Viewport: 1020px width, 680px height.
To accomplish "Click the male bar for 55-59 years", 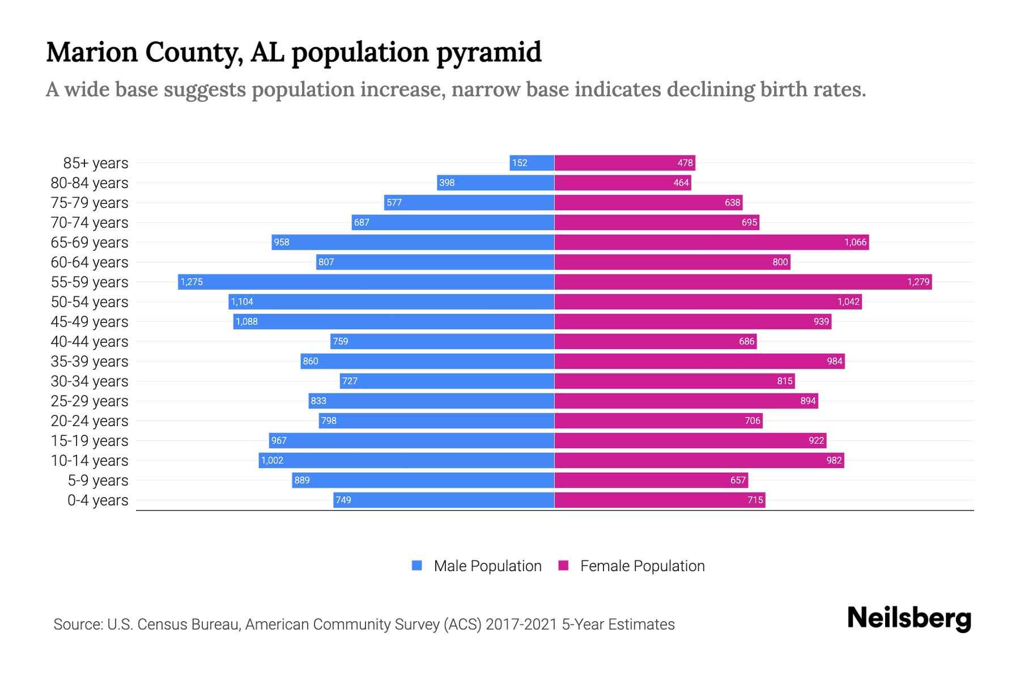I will tap(366, 282).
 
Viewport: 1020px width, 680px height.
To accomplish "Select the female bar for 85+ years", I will tap(624, 163).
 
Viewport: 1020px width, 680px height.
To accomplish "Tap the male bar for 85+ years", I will tap(532, 163).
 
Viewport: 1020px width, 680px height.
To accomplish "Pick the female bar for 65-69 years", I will tap(711, 242).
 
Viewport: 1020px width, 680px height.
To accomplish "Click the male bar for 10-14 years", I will tap(406, 460).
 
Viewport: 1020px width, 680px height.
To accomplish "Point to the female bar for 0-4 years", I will tap(660, 500).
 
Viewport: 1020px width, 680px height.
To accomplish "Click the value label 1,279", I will tap(918, 282).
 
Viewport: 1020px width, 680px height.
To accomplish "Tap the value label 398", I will tap(447, 182).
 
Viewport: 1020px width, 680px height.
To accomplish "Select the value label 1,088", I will tap(246, 321).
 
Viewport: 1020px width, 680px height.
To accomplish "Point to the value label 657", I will tap(738, 480).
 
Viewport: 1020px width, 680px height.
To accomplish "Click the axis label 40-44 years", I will tap(90, 341).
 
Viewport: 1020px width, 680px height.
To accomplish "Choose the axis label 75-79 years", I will tap(90, 202).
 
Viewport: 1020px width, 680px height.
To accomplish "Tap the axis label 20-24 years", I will tap(90, 420).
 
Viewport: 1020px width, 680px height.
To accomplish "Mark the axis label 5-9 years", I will tap(98, 480).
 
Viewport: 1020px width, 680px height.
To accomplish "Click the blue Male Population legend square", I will tap(417, 566).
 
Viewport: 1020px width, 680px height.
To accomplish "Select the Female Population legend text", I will tap(642, 566).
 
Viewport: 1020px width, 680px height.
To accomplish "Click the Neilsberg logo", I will tap(909, 618).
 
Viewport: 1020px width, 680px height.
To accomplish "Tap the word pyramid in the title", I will tap(488, 52).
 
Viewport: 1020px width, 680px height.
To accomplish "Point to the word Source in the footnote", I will tap(77, 624).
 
